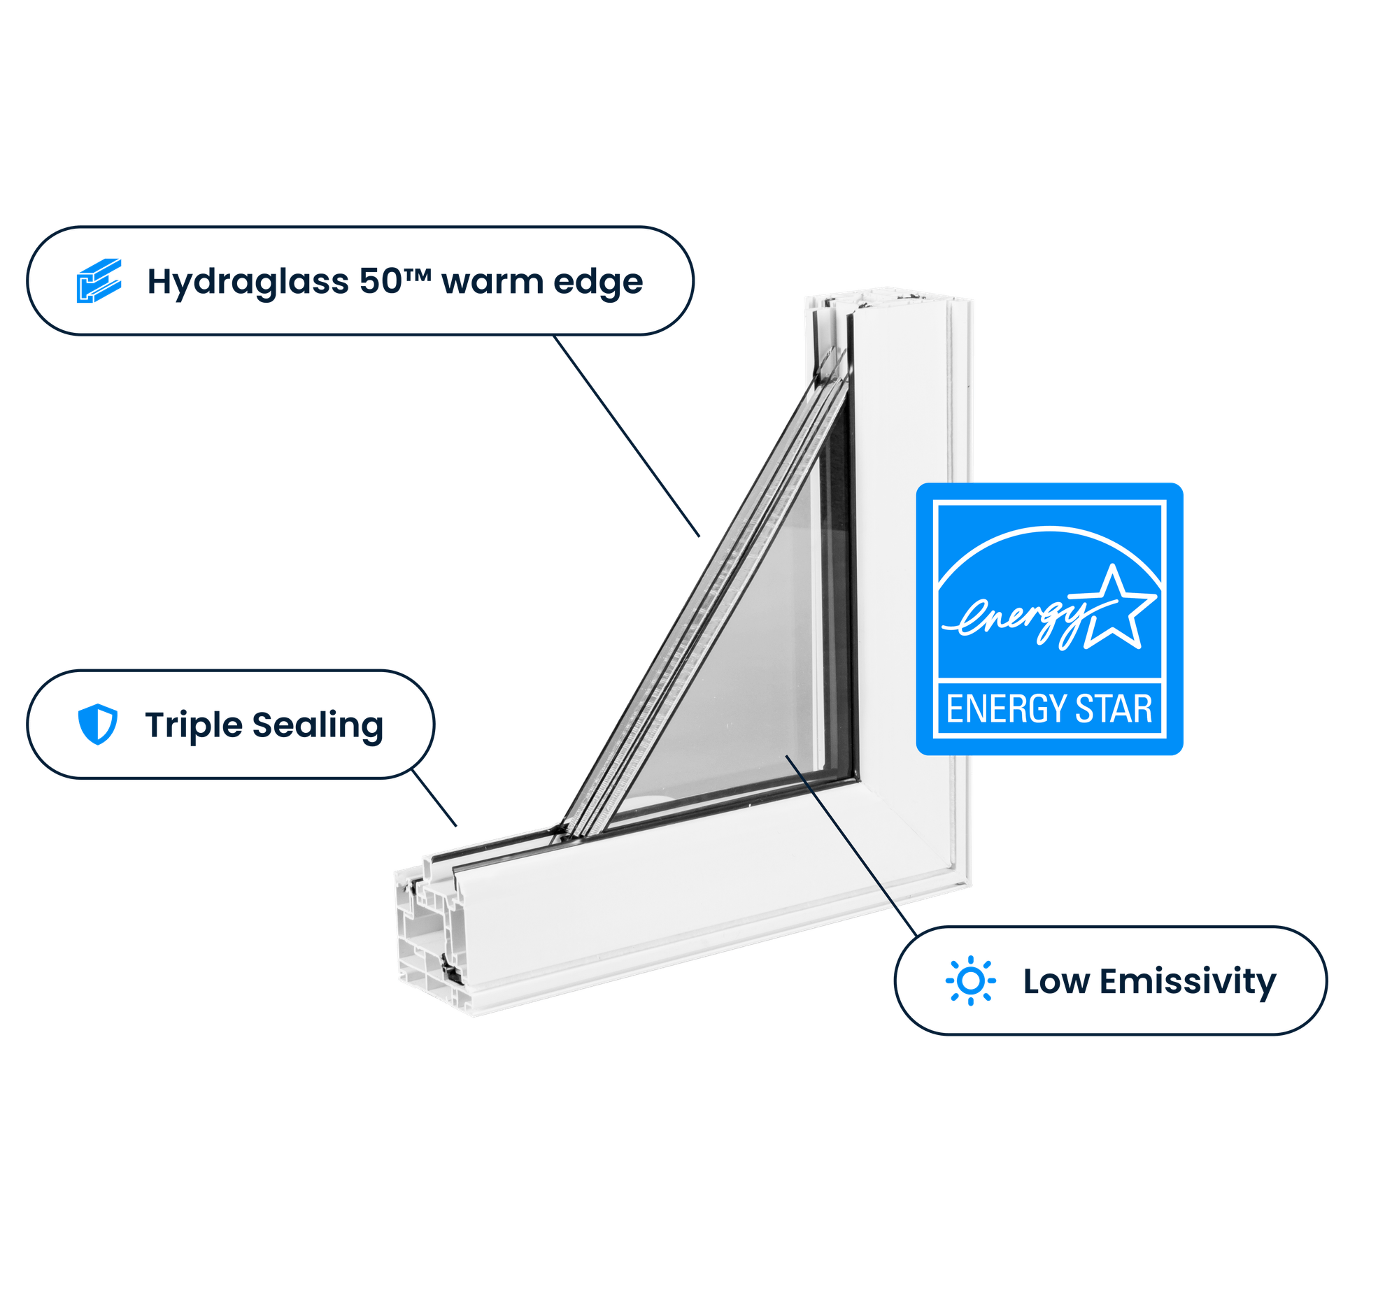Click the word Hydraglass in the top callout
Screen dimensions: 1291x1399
tap(247, 282)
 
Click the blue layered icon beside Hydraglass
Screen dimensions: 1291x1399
tap(99, 280)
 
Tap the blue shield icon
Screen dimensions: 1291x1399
tap(97, 724)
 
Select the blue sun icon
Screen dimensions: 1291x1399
tap(970, 981)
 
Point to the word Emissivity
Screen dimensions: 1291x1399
tap(1187, 981)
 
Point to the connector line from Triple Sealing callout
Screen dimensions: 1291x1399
tap(434, 799)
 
